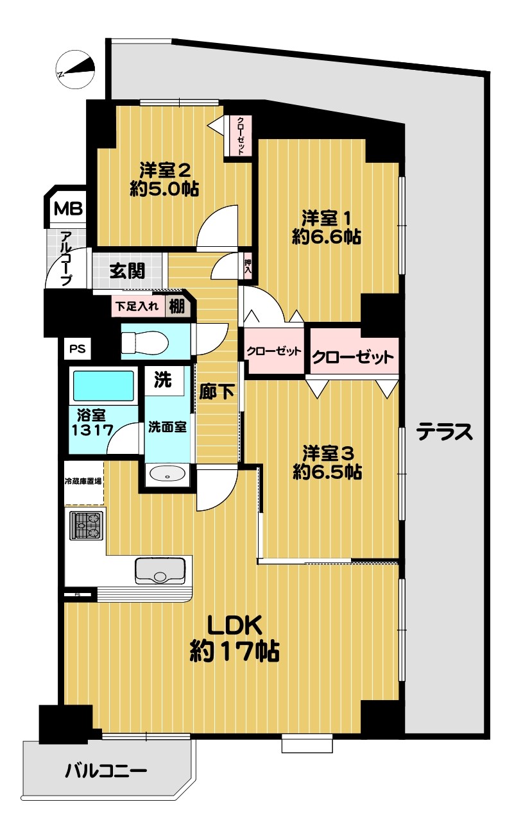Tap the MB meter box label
[x=68, y=208]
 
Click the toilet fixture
[x=145, y=342]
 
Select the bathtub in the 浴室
[x=104, y=385]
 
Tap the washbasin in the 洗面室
[x=167, y=474]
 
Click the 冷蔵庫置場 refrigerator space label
[x=83, y=481]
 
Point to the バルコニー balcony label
[x=106, y=771]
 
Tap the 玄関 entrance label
[x=127, y=271]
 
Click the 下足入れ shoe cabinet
[x=138, y=306]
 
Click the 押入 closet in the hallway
[x=247, y=265]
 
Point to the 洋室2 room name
[x=165, y=171]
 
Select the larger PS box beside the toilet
[x=77, y=349]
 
